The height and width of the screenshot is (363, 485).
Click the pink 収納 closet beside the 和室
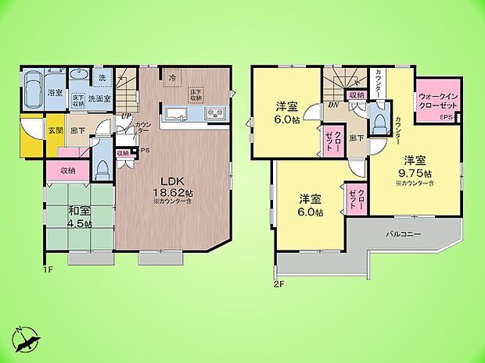tap(66, 170)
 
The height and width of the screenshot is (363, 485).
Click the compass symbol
tap(27, 337)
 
